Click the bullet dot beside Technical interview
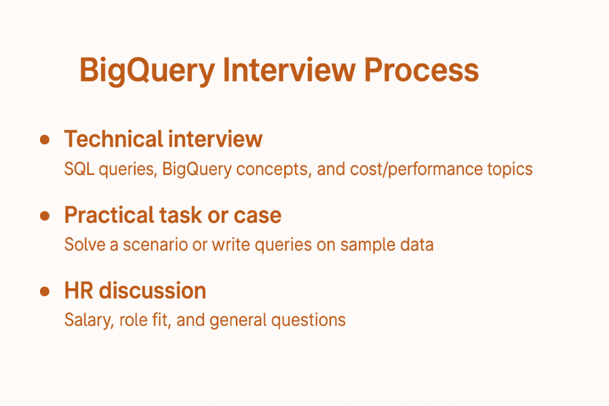[45, 139]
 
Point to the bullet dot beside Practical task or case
[45, 215]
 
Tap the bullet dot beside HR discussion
[45, 290]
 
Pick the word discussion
[153, 290]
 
